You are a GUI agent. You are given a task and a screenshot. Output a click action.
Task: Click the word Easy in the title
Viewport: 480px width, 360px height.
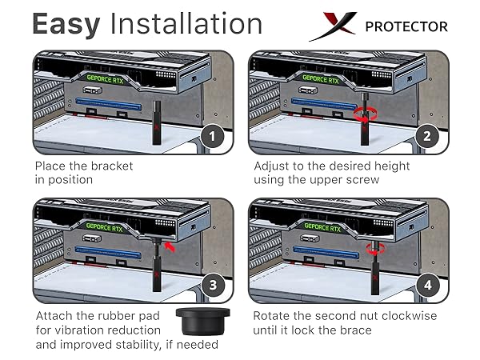pyautogui.click(x=66, y=25)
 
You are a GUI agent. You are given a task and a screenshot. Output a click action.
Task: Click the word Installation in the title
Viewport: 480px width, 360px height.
pyautogui.click(x=186, y=23)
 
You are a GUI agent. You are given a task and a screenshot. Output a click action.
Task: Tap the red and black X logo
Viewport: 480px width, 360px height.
pyautogui.click(x=333, y=26)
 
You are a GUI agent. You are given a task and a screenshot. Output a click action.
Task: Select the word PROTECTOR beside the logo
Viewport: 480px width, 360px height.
pyautogui.click(x=406, y=26)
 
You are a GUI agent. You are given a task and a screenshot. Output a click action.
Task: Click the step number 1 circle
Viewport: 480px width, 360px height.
pyautogui.click(x=213, y=136)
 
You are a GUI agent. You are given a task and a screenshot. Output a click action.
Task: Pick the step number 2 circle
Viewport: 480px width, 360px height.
pyautogui.click(x=427, y=136)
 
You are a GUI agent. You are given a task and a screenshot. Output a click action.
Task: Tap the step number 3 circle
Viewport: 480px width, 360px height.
pyautogui.click(x=213, y=285)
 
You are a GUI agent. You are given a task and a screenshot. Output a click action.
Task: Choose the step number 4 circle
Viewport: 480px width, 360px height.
pyautogui.click(x=428, y=285)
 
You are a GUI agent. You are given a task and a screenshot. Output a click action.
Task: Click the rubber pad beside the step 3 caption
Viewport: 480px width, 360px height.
pyautogui.click(x=202, y=322)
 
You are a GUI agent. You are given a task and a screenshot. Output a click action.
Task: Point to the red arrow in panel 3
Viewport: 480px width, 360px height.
pyautogui.click(x=170, y=246)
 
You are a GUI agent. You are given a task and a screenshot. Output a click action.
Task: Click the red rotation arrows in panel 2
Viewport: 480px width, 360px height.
pyautogui.click(x=366, y=115)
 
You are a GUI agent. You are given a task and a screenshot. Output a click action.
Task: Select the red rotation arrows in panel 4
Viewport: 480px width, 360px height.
pyautogui.click(x=375, y=249)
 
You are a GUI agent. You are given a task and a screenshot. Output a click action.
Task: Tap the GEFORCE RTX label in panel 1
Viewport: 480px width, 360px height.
pyautogui.click(x=105, y=79)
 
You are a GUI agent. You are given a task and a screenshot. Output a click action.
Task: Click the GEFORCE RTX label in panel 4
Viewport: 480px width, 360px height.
pyautogui.click(x=322, y=227)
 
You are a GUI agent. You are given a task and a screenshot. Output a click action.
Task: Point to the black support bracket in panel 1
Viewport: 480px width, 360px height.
pyautogui.click(x=157, y=122)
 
